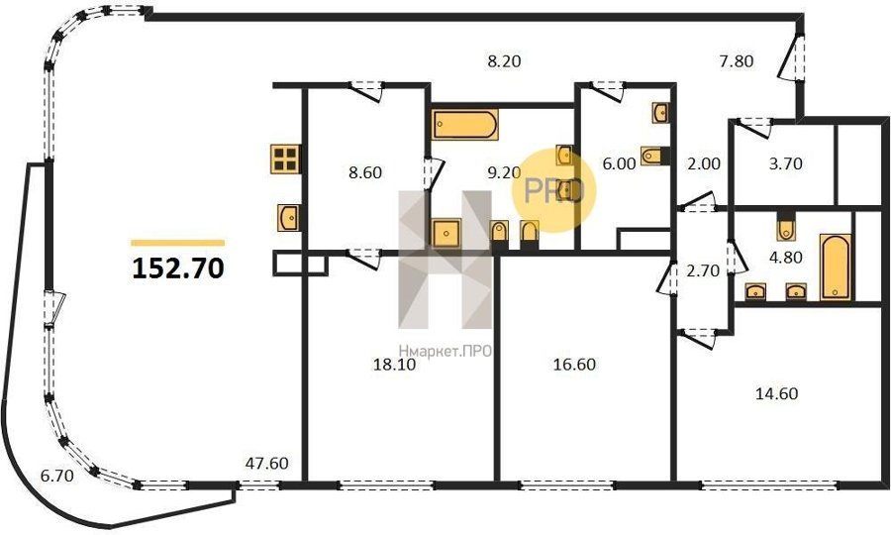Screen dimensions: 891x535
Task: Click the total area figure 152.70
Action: coord(178,268)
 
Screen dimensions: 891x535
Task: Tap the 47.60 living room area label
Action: coord(266,464)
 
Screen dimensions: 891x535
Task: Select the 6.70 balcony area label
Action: coord(56,476)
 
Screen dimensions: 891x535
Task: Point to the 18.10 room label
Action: coord(394,365)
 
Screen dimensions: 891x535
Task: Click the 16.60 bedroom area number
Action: coord(574,364)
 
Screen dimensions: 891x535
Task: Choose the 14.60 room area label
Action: coord(777,393)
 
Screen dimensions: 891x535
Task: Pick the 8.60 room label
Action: coord(364,172)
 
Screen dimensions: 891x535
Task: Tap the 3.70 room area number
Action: coord(785,163)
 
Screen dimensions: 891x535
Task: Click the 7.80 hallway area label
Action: coord(737,60)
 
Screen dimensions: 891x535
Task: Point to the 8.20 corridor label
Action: coord(504,60)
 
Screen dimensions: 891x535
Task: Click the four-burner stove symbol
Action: coord(285,160)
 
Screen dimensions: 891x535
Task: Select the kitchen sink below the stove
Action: coord(289,217)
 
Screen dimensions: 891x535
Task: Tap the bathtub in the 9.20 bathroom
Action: coord(465,125)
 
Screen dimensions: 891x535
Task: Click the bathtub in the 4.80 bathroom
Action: coord(836,267)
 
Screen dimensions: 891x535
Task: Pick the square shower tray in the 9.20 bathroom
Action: coord(446,233)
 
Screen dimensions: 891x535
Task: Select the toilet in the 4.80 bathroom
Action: coord(787,226)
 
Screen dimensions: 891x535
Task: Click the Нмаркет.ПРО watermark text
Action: coord(445,352)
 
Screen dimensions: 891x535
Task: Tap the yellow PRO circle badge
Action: coord(554,190)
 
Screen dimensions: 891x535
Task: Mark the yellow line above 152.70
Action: coord(178,243)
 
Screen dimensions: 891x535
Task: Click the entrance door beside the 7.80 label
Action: coord(791,56)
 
